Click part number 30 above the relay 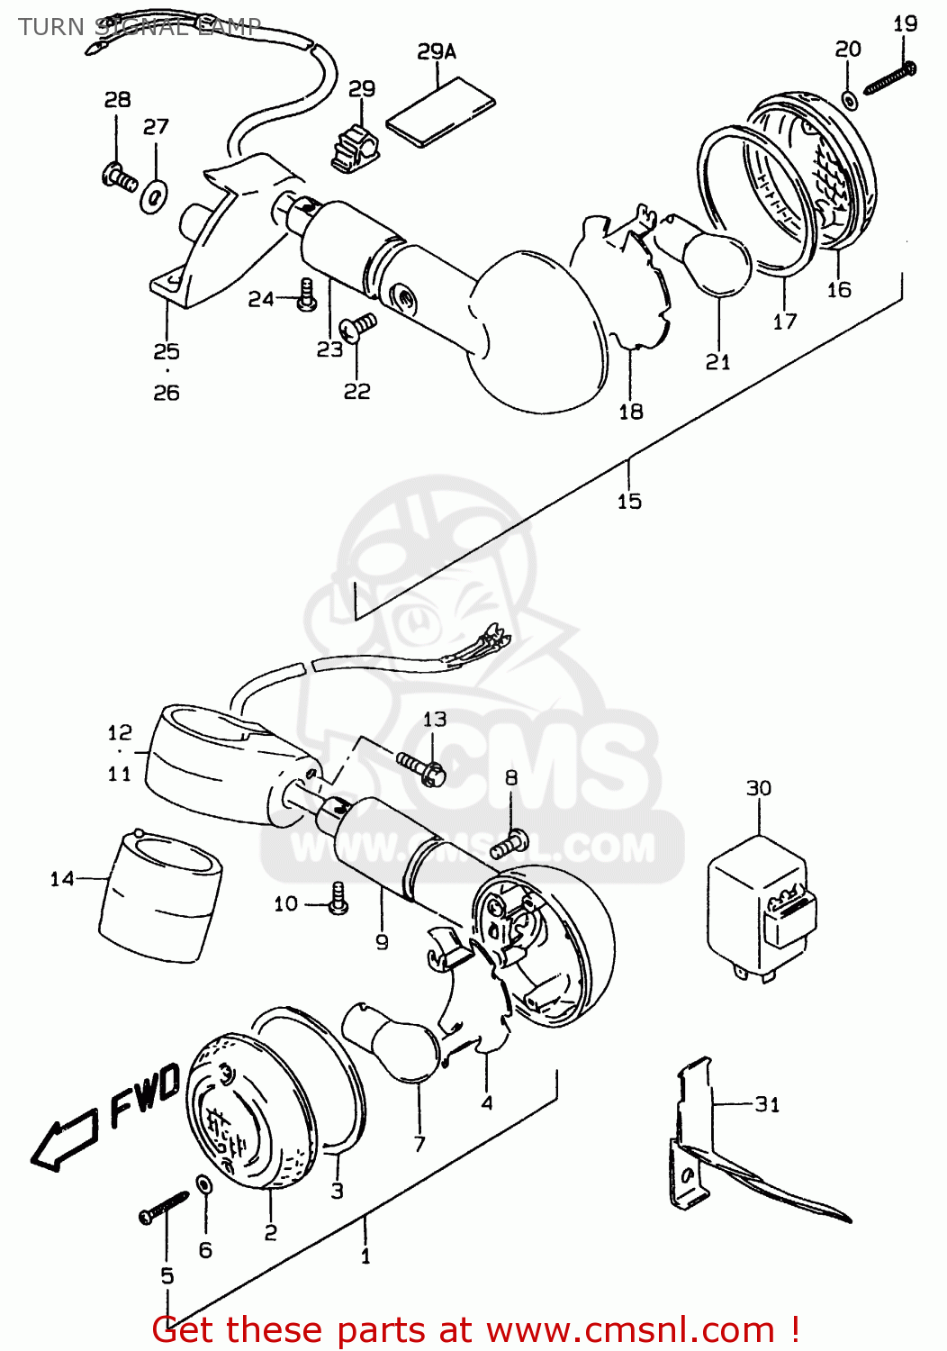click(x=759, y=789)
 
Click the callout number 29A click(x=437, y=52)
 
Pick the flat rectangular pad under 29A click(x=441, y=111)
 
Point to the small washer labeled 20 click(x=849, y=99)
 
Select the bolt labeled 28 click(x=120, y=176)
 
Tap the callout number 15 click(x=629, y=502)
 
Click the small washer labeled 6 click(x=204, y=1183)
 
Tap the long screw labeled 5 click(x=163, y=1207)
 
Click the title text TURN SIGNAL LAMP click(x=140, y=26)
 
